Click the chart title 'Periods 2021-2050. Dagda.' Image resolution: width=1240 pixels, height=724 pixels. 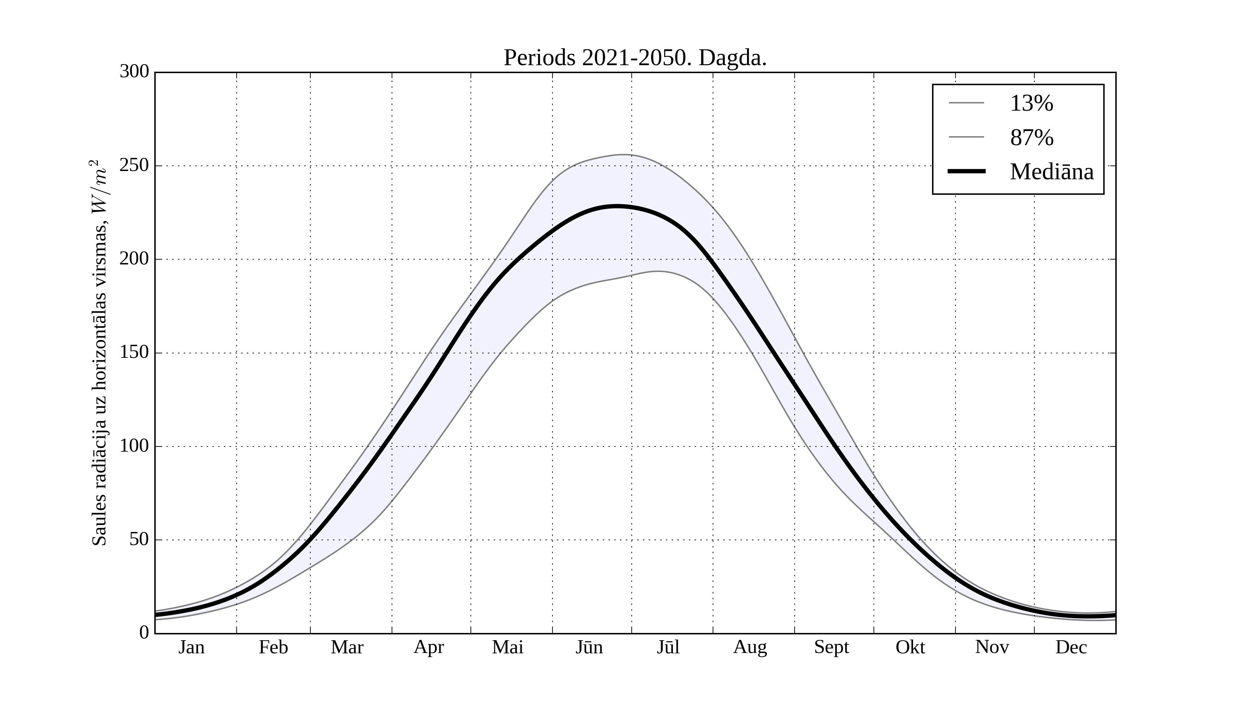pos(635,58)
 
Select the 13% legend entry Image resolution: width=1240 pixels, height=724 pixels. pos(1031,103)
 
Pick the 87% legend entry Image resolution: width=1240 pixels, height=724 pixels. pos(1031,138)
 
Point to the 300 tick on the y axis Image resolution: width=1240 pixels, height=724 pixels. pos(134,72)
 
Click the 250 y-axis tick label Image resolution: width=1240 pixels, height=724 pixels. pos(134,165)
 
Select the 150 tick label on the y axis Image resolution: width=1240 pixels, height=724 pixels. pos(134,353)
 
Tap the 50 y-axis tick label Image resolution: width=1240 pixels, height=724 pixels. pos(139,540)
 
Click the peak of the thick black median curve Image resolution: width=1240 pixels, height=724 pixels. pos(617,207)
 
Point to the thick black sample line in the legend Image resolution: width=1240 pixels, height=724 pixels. pos(967,171)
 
